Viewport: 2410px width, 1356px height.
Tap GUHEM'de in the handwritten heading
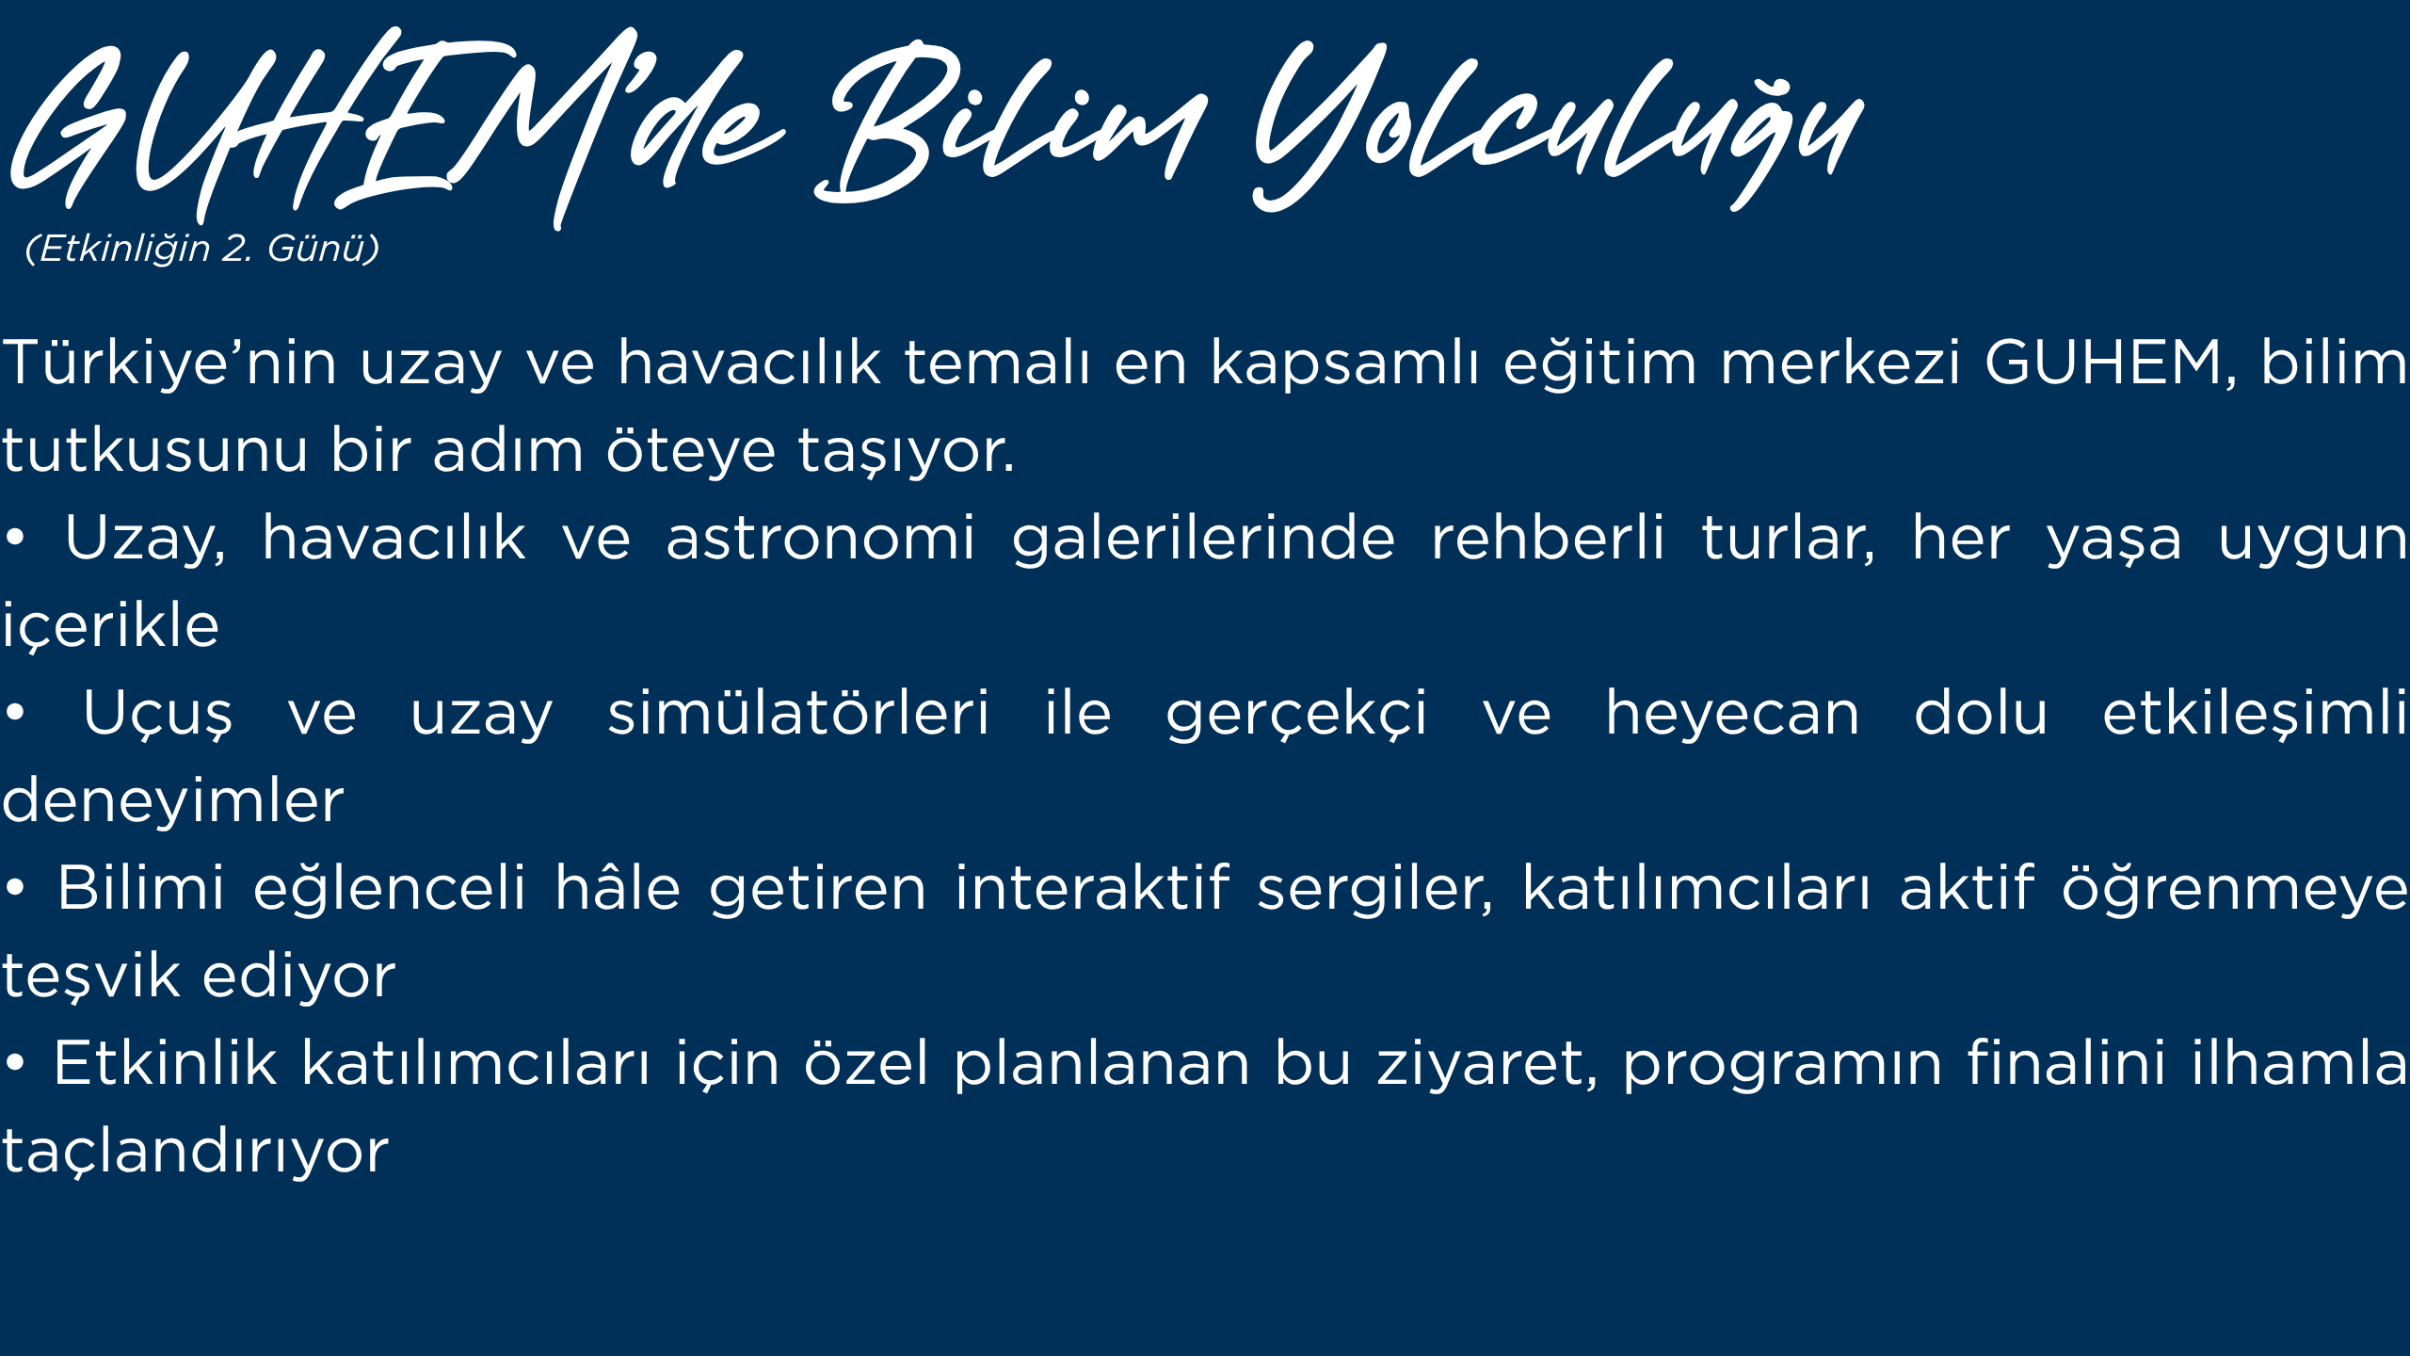tap(395, 127)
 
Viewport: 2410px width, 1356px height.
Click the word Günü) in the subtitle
tap(323, 249)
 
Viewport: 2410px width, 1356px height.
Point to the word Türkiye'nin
tap(169, 363)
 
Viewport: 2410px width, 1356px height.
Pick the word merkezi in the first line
tap(1840, 363)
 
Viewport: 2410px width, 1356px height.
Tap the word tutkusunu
tap(155, 450)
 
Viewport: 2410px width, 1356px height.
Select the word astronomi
tap(821, 539)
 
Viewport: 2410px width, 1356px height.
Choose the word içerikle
tap(110, 625)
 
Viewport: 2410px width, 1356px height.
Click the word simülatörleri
tap(798, 713)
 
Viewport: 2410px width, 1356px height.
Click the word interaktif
tap(1092, 888)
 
